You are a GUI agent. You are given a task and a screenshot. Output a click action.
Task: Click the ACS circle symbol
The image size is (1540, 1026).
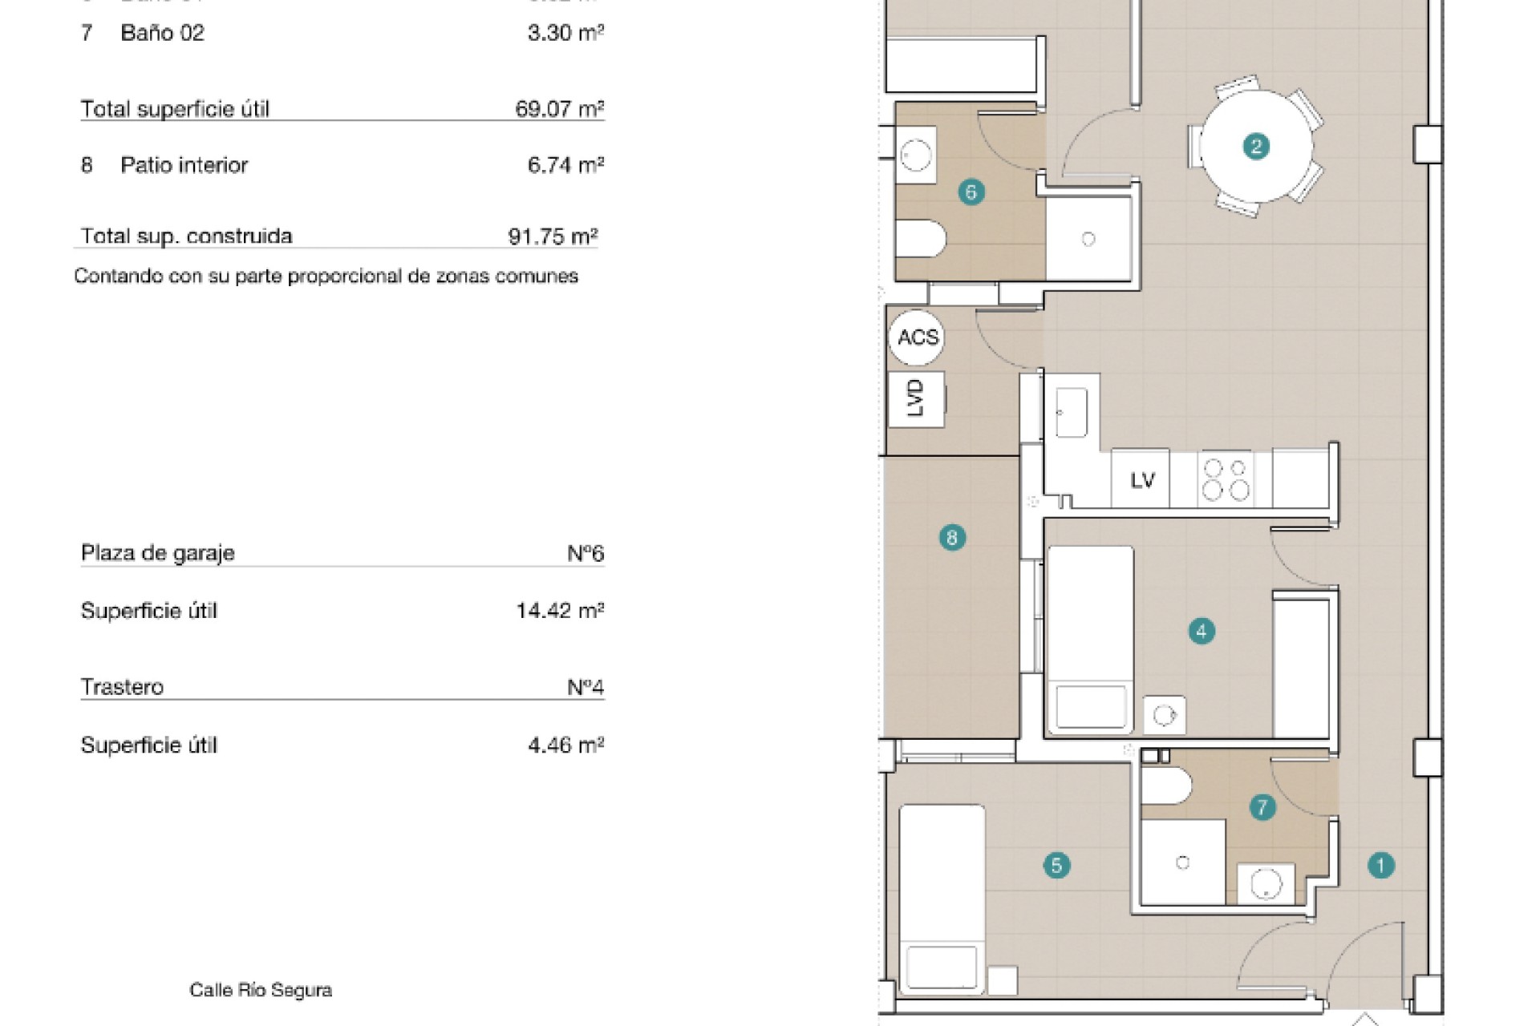tap(917, 337)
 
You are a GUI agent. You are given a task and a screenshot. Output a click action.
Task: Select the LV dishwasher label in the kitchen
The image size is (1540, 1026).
tap(1141, 480)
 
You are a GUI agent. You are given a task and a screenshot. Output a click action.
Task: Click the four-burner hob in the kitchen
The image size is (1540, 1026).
tap(1226, 479)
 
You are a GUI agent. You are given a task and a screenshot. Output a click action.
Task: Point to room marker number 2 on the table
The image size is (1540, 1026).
tap(1255, 147)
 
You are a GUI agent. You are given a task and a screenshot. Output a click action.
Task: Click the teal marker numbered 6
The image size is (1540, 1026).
tap(971, 192)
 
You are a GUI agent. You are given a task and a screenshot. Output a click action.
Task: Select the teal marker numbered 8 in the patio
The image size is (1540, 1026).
tap(952, 537)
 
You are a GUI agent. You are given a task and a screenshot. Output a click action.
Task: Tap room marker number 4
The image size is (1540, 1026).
tap(1201, 632)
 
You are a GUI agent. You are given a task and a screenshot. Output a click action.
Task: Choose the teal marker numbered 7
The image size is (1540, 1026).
tap(1262, 807)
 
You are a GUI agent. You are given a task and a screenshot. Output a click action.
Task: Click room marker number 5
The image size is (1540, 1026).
tap(1056, 866)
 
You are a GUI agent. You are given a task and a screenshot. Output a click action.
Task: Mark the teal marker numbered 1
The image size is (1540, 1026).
tap(1380, 866)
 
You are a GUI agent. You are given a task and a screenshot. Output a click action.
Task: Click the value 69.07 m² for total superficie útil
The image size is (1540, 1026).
tap(559, 109)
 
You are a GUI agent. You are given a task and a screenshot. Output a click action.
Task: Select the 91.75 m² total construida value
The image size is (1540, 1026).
tap(553, 236)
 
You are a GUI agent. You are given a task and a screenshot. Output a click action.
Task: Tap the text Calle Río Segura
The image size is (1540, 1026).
tap(261, 990)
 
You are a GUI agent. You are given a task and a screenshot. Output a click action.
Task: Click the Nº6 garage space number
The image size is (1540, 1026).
tap(586, 553)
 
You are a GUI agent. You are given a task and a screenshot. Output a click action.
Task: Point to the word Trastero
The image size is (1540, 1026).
tap(122, 687)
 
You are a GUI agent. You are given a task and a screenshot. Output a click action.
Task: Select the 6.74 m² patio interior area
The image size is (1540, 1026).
tap(565, 165)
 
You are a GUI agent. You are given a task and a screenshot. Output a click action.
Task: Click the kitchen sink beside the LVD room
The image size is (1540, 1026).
tap(1072, 412)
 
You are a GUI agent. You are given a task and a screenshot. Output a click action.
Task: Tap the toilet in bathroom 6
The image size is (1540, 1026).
tap(921, 238)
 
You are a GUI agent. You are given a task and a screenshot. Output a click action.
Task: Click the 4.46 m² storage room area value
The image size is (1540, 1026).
tap(565, 745)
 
